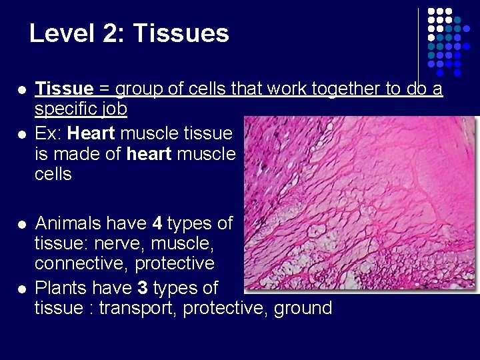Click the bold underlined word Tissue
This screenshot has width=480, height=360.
(x=64, y=89)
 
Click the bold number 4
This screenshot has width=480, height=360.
(x=157, y=223)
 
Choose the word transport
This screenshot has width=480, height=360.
(x=138, y=308)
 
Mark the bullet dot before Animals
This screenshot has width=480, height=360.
(x=22, y=224)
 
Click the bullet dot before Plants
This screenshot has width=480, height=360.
(x=22, y=289)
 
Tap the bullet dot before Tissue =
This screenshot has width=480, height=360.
(x=22, y=89)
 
